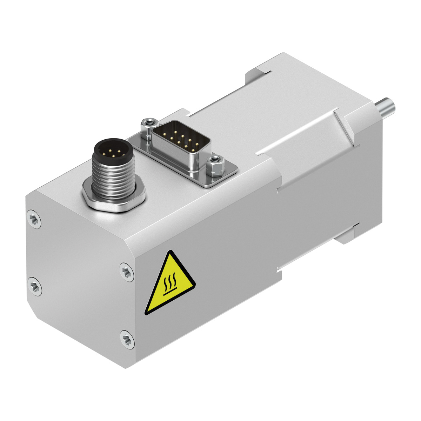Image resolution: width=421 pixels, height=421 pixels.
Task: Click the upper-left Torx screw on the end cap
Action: coord(34,220)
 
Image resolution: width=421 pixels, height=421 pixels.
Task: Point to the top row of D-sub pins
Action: coord(179,135)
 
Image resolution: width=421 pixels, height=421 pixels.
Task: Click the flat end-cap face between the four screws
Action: coord(81,277)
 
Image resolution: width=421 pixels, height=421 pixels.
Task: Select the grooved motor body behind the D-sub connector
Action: coord(281,116)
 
